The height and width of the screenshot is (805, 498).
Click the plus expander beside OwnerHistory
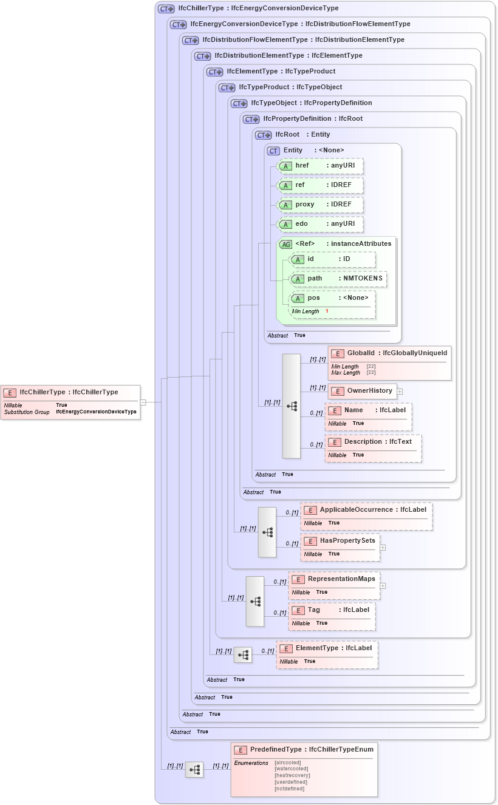pyautogui.click(x=400, y=391)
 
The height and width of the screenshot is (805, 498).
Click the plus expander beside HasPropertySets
pyautogui.click(x=383, y=547)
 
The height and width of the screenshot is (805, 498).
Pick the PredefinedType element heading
pyautogui.click(x=304, y=750)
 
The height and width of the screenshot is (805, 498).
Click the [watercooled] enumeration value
pyautogui.click(x=292, y=769)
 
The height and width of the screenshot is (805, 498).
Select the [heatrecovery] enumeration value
pyautogui.click(x=292, y=775)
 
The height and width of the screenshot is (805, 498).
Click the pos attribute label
pyautogui.click(x=313, y=298)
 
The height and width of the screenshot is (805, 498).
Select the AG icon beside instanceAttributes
pyautogui.click(x=285, y=244)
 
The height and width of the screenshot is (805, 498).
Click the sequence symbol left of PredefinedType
pyautogui.click(x=194, y=769)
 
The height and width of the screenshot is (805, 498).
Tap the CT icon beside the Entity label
pyautogui.click(x=273, y=151)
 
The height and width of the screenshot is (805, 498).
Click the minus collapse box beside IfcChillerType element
pyautogui.click(x=143, y=402)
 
